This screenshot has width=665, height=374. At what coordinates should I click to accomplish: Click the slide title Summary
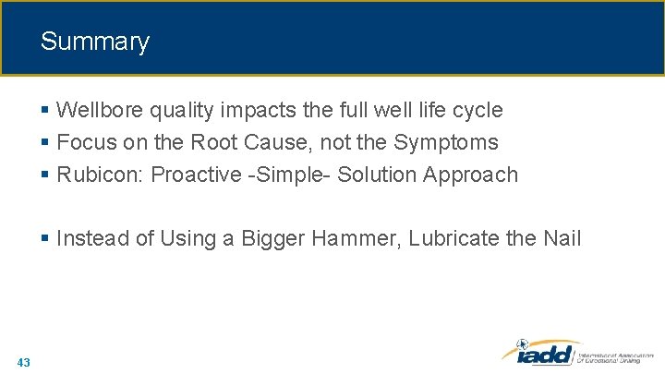coord(94,42)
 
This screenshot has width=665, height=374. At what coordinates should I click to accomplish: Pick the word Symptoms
coord(446,143)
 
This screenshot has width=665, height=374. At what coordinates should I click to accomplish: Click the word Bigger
coord(274,239)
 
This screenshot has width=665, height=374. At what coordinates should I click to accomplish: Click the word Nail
coord(562,239)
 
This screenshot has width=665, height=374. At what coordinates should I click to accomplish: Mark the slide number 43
coord(23,362)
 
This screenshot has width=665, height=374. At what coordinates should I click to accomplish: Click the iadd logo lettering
coord(540,355)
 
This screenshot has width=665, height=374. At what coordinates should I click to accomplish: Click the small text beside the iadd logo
coord(615,356)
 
